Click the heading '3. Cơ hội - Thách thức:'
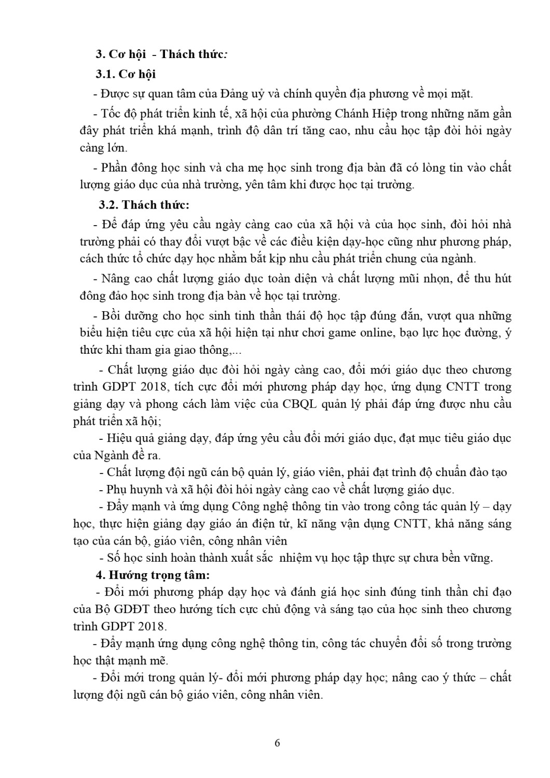[x=161, y=54]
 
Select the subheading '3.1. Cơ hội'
[x=126, y=74]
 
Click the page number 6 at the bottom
[x=277, y=743]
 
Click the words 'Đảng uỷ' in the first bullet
[x=243, y=94]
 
